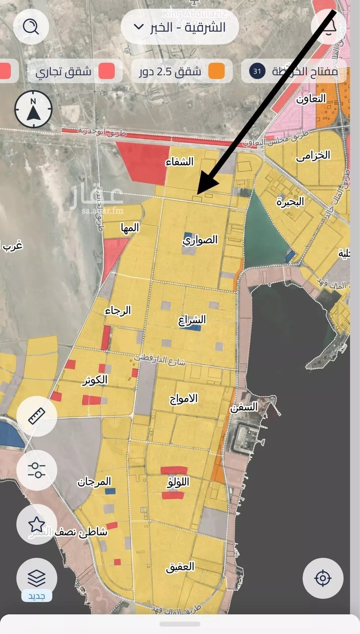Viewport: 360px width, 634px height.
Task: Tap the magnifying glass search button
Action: click(x=31, y=27)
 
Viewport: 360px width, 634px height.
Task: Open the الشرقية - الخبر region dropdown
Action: click(x=180, y=27)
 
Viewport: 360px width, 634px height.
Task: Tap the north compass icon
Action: click(x=33, y=109)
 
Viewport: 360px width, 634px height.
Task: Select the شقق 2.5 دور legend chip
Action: click(x=181, y=71)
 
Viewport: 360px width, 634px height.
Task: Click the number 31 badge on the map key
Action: click(x=257, y=71)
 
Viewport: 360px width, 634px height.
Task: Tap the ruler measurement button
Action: click(x=37, y=416)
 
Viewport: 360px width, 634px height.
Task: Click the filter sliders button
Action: click(x=37, y=470)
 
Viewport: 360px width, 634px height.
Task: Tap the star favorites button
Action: click(x=37, y=524)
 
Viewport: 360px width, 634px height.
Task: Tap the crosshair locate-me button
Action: click(x=323, y=578)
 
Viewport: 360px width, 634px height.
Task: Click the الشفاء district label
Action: click(x=180, y=162)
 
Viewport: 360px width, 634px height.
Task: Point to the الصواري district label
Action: click(x=200, y=240)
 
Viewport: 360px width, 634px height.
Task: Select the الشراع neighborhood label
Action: click(x=192, y=320)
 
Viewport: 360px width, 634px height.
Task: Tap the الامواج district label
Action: click(x=184, y=398)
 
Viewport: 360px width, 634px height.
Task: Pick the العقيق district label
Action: click(x=180, y=567)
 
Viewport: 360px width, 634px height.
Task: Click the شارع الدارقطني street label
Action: click(x=160, y=360)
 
